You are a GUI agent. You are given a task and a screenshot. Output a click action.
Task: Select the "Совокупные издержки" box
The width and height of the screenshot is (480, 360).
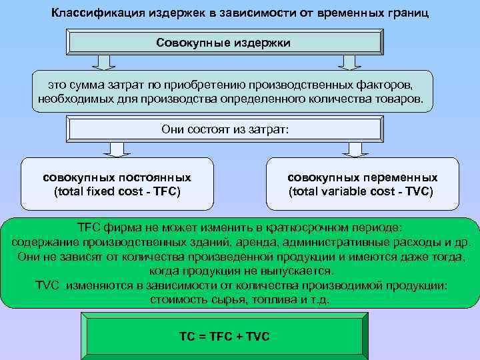tap(224, 43)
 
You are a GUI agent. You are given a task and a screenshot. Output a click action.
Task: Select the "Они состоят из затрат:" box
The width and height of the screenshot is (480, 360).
tap(225, 129)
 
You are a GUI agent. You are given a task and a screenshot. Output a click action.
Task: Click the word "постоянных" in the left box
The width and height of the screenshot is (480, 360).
tap(155, 178)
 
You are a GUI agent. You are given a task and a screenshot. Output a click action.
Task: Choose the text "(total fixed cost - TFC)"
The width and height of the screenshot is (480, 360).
tap(117, 192)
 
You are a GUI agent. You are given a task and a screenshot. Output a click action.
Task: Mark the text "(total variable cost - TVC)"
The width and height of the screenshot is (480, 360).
tap(361, 192)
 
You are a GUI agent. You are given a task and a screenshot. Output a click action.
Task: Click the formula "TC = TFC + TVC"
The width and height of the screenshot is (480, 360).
tap(224, 336)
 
